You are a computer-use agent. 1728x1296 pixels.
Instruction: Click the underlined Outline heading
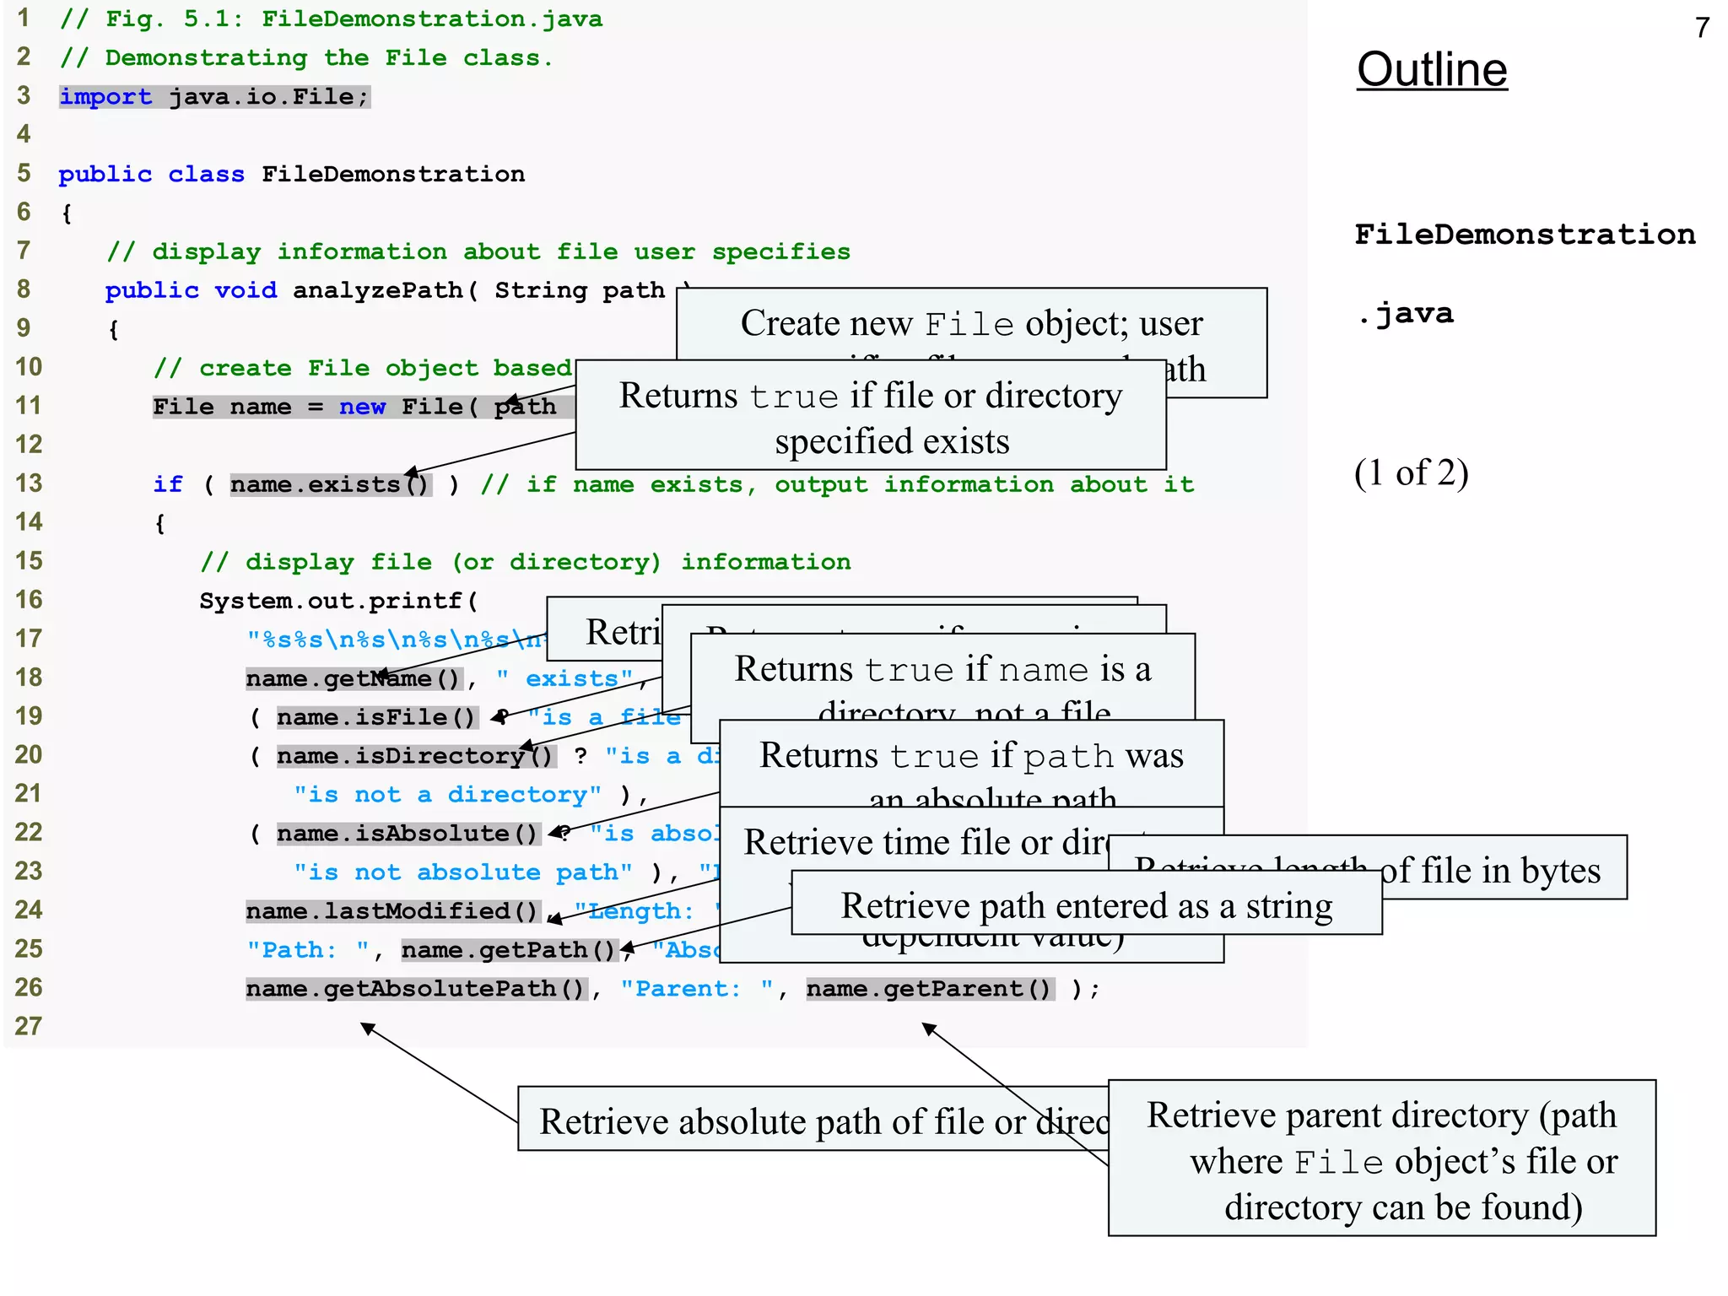tap(1431, 69)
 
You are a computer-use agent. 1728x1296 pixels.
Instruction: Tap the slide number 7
tap(1702, 28)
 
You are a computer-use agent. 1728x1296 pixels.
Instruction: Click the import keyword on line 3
tap(105, 97)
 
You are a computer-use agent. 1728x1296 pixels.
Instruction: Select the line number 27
tap(28, 1026)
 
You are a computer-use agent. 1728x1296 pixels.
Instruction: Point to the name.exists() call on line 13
tap(330, 484)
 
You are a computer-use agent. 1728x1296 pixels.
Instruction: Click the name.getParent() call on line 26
tap(929, 989)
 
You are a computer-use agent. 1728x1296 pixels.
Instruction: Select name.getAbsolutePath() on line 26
tap(416, 989)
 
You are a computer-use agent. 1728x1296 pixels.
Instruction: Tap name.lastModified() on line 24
tap(392, 911)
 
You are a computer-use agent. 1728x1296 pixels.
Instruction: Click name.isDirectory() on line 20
tap(415, 756)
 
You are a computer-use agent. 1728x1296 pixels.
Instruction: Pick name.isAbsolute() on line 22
tap(408, 834)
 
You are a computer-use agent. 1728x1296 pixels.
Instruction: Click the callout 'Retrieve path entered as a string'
tap(1086, 906)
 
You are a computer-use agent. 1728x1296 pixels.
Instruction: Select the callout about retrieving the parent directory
tap(1381, 1159)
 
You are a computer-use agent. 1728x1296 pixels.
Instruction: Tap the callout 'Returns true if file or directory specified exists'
tap(870, 417)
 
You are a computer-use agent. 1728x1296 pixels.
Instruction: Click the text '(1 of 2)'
tap(1411, 472)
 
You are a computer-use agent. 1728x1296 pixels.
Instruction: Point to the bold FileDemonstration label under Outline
tap(1524, 235)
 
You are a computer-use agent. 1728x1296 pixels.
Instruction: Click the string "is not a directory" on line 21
tap(447, 795)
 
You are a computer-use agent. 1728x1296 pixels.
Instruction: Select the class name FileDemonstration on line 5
tap(392, 175)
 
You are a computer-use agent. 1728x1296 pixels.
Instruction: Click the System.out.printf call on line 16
tap(338, 601)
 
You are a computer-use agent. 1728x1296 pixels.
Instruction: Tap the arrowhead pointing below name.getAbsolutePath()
tap(367, 1028)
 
